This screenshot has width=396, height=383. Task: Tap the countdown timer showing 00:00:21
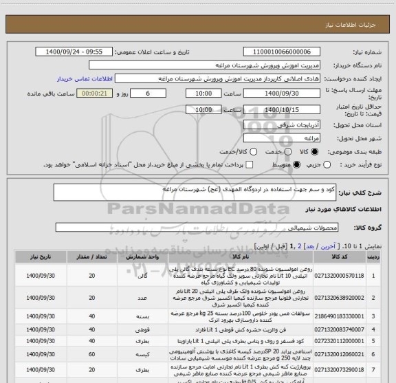(93, 93)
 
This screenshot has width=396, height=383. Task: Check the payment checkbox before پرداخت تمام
(249, 165)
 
